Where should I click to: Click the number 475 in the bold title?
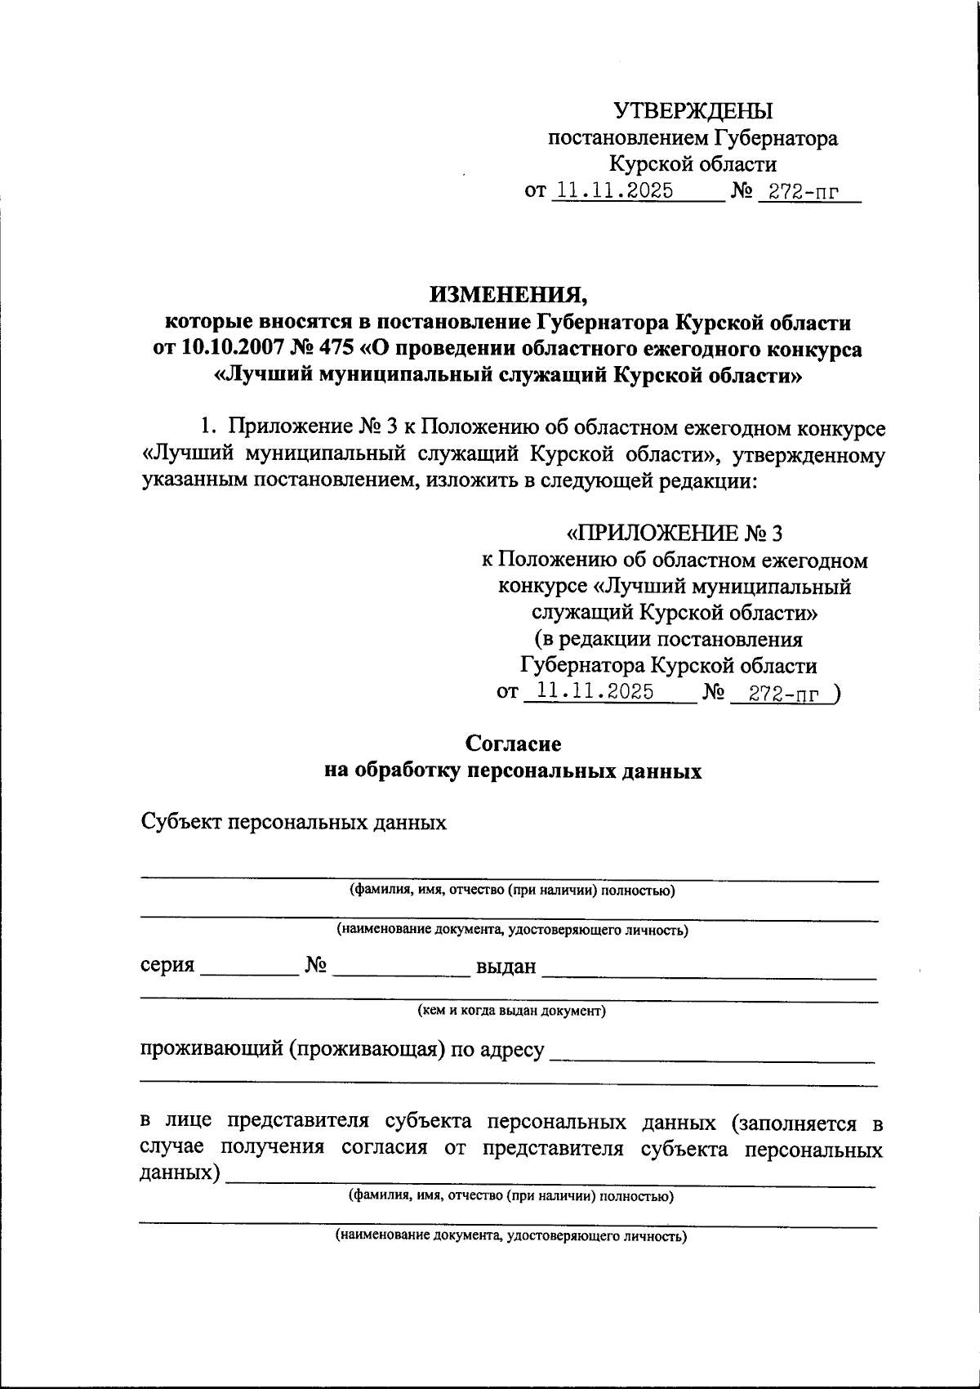pos(330,349)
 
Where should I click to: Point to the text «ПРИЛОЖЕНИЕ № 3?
pos(675,534)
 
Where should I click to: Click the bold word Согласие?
pos(513,744)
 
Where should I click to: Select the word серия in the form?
pos(167,966)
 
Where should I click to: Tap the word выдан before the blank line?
pos(506,967)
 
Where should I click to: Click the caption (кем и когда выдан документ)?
pos(512,1011)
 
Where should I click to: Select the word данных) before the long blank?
pos(180,1173)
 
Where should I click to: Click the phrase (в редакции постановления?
pos(668,638)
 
